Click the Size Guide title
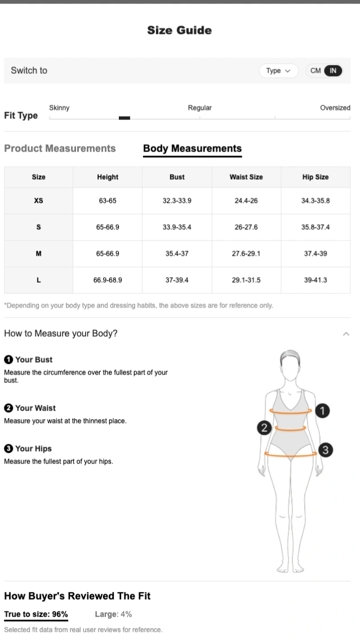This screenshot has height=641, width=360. point(180,30)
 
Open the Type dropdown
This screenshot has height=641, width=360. point(278,71)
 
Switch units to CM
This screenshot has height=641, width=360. point(315,71)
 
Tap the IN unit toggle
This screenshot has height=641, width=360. point(333,71)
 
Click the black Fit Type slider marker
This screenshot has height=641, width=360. point(125,118)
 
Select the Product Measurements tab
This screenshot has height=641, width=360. point(60,148)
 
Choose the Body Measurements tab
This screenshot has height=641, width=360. point(192,148)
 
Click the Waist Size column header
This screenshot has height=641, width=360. point(246,177)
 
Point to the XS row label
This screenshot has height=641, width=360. point(38,201)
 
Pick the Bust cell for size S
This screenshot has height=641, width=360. point(177,228)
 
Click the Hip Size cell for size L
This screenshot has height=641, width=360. point(315,280)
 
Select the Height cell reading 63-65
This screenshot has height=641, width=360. point(108,201)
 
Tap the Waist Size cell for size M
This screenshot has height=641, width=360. point(246,253)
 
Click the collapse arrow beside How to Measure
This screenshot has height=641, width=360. point(346,334)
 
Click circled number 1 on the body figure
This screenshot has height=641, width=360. point(322,411)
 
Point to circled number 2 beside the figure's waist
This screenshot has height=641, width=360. point(264,428)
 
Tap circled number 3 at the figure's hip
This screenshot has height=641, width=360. point(325,450)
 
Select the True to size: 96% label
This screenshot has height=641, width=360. point(36,614)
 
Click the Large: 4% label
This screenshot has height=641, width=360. point(113,614)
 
